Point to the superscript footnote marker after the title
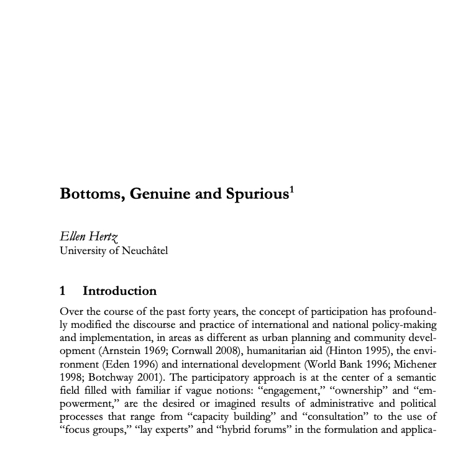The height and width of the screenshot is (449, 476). pyautogui.click(x=291, y=189)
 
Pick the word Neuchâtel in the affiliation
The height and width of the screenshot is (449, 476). pyautogui.click(x=144, y=250)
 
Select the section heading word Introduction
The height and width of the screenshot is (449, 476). pyautogui.click(x=120, y=291)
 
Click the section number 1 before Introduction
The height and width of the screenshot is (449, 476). pyautogui.click(x=63, y=291)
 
